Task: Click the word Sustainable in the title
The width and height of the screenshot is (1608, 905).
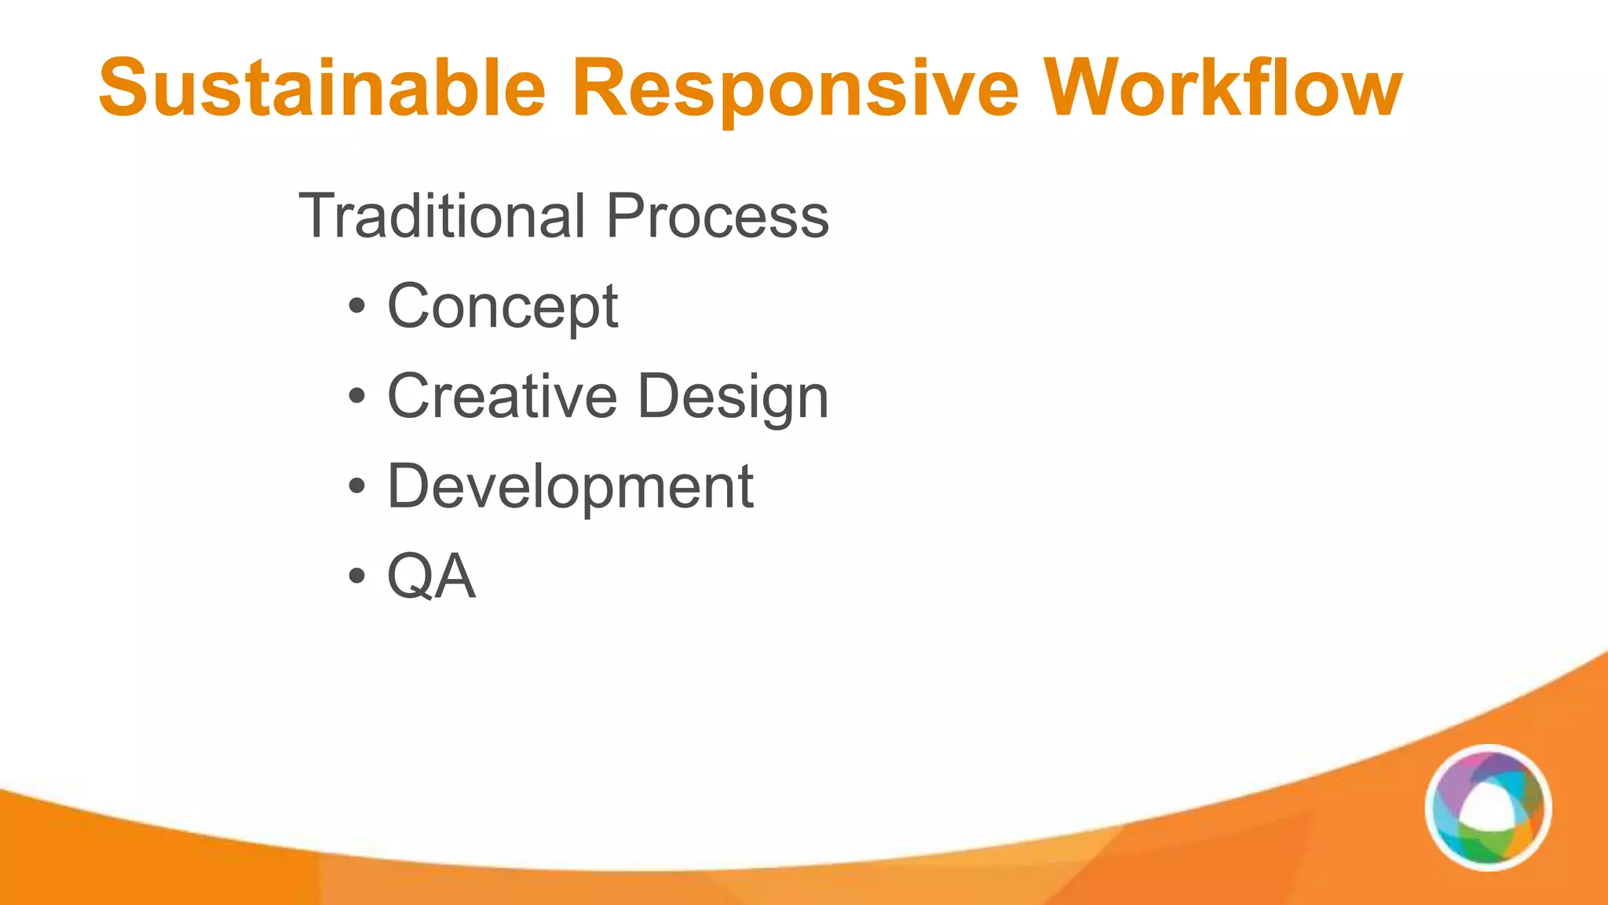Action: click(322, 88)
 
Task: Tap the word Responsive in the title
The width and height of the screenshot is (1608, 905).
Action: click(795, 88)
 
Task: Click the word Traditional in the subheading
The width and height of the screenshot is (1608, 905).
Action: click(442, 216)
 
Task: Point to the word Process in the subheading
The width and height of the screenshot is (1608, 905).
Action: click(717, 216)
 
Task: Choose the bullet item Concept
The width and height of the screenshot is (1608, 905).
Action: click(502, 306)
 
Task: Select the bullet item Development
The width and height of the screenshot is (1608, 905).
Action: click(570, 486)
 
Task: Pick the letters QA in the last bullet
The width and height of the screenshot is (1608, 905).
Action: click(431, 577)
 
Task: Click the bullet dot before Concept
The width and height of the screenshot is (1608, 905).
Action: click(357, 307)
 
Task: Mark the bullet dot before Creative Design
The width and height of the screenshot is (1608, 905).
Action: click(357, 397)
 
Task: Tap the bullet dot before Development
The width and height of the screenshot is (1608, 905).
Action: click(357, 487)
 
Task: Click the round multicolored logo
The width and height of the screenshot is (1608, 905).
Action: click(1488, 808)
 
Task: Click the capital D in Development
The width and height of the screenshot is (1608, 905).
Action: click(410, 486)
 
